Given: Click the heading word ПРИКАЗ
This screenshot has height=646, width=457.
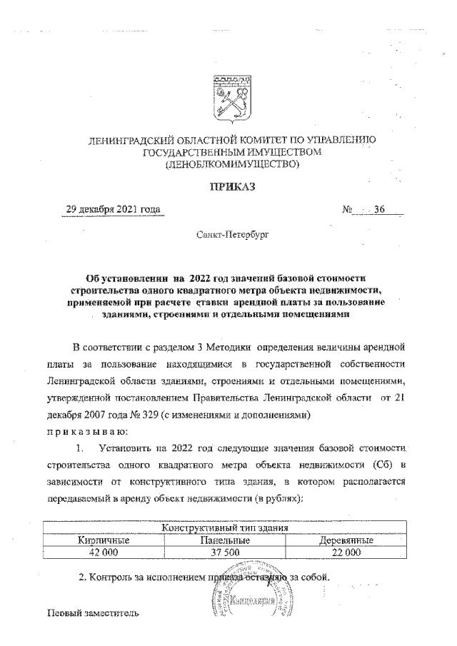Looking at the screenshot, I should [231, 187].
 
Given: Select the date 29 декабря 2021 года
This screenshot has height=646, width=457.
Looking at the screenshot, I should [111, 210].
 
